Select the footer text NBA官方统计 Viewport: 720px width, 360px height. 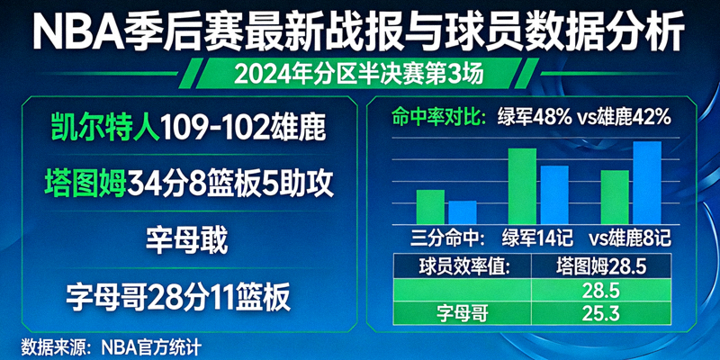(x=151, y=345)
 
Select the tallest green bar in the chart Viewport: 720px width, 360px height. (x=522, y=186)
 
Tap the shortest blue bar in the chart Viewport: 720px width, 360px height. (x=463, y=212)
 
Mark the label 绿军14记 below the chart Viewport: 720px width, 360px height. (x=535, y=239)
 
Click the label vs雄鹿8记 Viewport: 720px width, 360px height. (x=630, y=239)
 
